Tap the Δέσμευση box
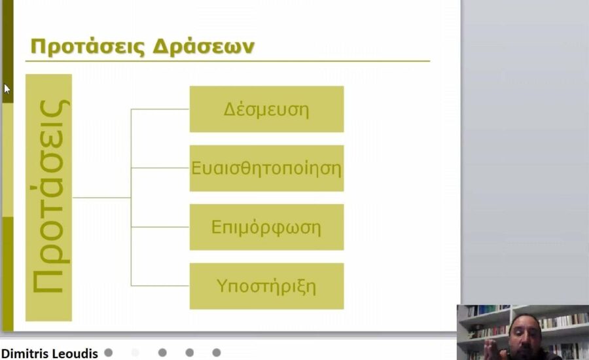266,109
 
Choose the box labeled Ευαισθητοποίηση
266,168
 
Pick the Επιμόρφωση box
266,227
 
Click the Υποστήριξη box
266,286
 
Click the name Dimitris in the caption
26,353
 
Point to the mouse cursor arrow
7,88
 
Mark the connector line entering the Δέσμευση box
160,109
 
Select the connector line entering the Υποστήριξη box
160,286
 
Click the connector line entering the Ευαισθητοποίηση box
160,168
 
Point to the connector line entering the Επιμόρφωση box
160,227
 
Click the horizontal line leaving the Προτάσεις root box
101,198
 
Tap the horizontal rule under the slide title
229,62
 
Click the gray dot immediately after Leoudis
109,353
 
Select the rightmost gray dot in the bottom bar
217,353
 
